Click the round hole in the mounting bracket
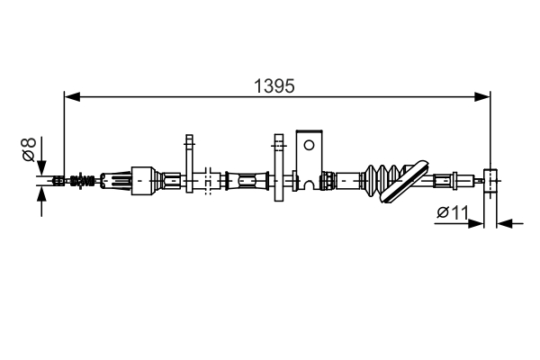[309, 144]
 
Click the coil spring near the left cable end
[82, 180]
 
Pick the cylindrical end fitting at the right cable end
[490, 181]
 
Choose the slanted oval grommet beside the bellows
[404, 180]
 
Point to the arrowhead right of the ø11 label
[478, 222]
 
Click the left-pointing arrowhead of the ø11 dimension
[503, 222]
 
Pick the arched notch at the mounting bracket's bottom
[310, 185]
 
